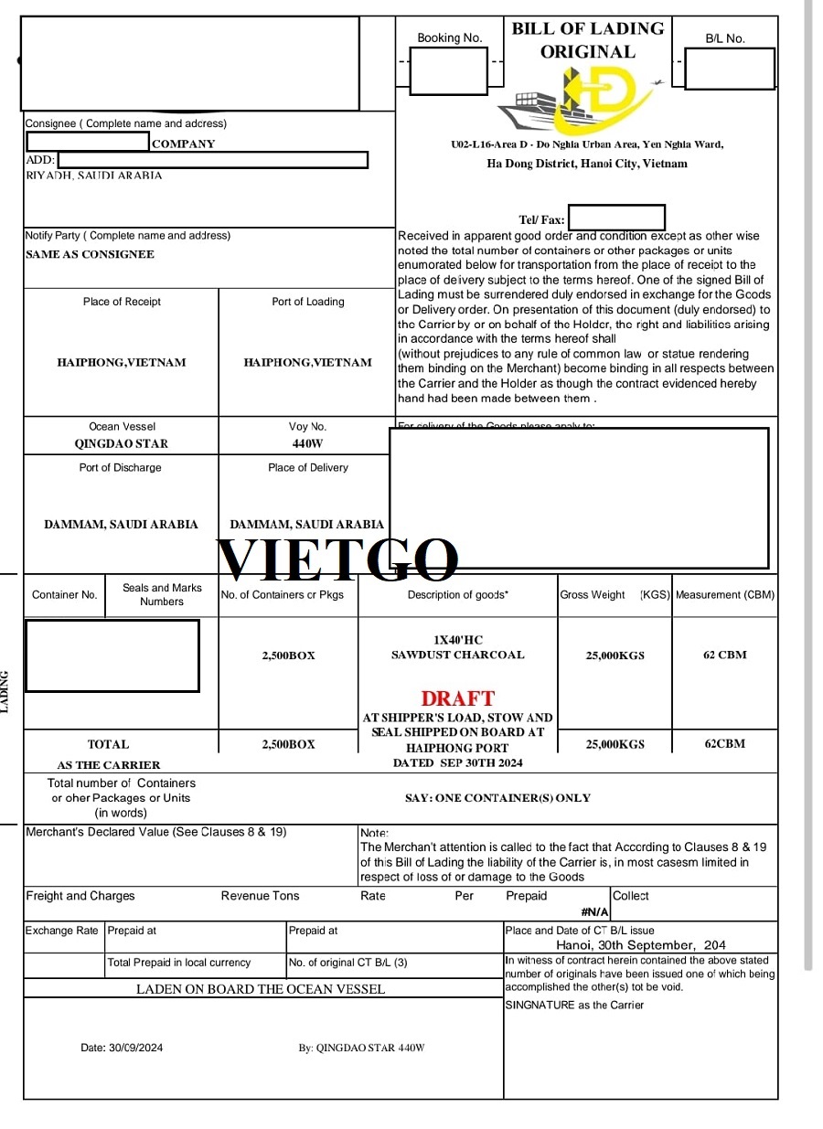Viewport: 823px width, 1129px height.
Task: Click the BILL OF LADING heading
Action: click(587, 29)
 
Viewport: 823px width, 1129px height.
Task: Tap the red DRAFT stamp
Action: click(457, 698)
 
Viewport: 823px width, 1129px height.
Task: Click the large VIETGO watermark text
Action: click(337, 559)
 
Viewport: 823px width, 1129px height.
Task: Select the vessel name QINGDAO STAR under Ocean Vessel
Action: click(121, 444)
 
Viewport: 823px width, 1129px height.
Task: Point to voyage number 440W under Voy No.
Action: click(307, 444)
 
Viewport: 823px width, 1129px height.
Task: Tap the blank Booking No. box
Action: click(448, 70)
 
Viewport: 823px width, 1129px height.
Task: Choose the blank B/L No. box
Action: click(729, 69)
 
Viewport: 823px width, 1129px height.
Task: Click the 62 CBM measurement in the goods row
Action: click(724, 655)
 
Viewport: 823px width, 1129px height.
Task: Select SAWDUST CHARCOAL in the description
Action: click(457, 655)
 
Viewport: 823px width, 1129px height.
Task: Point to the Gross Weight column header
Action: click(593, 595)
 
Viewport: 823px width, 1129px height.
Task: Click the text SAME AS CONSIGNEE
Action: click(90, 254)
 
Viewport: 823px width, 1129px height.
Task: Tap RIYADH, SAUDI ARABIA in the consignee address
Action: click(93, 176)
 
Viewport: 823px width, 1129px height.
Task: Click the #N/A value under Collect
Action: click(594, 911)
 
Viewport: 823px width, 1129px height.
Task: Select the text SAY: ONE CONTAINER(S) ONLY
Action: click(497, 798)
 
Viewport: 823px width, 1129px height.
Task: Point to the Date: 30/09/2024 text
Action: click(122, 1048)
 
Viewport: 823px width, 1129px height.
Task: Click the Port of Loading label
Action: click(307, 302)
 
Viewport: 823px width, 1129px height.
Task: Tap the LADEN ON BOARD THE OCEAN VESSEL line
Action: click(261, 988)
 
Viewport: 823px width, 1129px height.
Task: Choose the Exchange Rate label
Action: click(62, 931)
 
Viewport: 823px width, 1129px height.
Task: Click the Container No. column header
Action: click(64, 595)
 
